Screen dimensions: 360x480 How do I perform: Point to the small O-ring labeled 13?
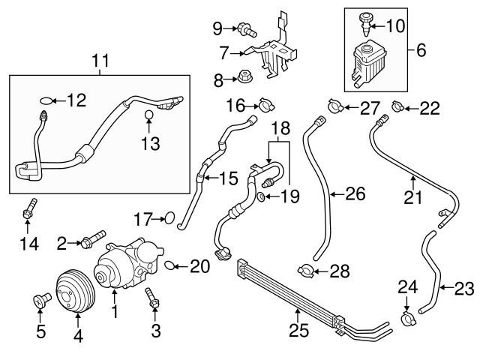149,115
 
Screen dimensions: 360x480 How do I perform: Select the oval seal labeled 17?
169,219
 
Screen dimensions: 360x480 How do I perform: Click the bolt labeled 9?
244,30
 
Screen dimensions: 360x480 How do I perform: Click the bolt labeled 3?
153,298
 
